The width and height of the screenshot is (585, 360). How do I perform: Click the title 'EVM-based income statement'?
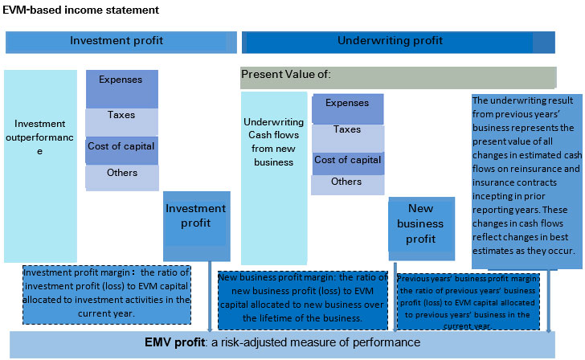click(81, 10)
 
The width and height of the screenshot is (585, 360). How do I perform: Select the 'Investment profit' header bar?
click(121, 42)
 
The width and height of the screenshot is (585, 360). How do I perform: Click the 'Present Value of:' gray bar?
click(398, 77)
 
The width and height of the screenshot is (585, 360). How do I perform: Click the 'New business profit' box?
click(420, 225)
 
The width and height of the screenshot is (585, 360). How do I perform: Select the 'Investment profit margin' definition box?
click(107, 294)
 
